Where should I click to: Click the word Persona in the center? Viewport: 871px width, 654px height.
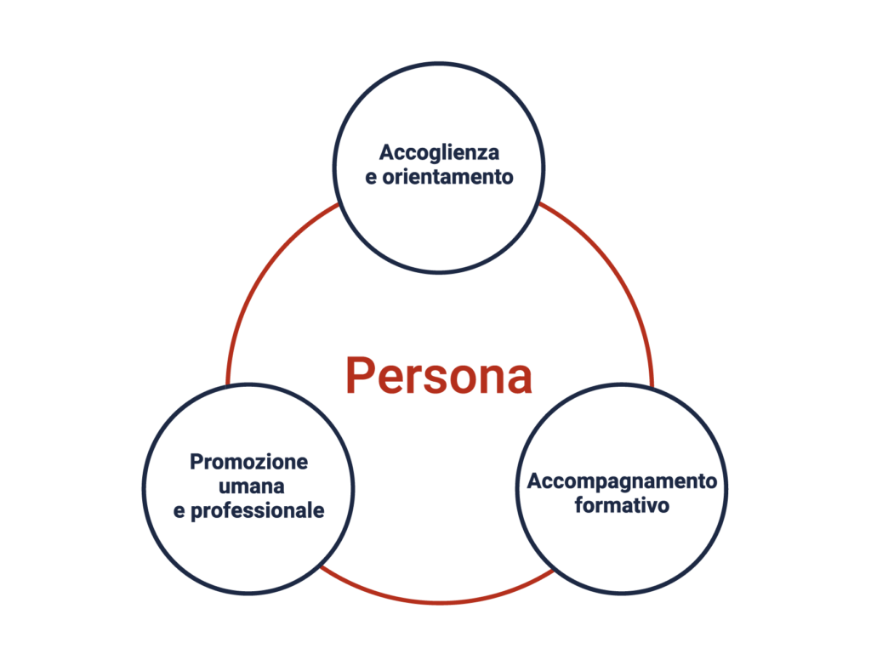[438, 376]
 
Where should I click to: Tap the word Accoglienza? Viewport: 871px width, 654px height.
[439, 153]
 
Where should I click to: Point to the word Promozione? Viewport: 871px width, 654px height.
[248, 463]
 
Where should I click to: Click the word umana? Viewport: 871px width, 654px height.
[249, 487]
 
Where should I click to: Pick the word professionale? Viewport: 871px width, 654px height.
[257, 513]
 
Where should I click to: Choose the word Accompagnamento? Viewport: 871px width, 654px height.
[622, 481]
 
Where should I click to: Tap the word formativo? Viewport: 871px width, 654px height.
[622, 506]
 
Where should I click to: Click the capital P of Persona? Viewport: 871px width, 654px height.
[359, 376]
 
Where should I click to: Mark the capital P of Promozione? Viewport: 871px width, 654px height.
[195, 463]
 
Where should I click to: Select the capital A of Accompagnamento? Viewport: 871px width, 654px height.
[533, 481]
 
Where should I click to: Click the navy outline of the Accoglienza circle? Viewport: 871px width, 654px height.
[438, 62]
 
